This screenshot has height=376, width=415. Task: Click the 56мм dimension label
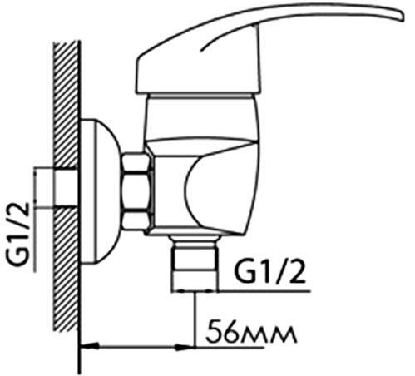[x=251, y=331]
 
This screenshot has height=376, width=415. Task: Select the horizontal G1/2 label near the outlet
[x=269, y=272]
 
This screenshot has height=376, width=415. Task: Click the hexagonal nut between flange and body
[x=137, y=191]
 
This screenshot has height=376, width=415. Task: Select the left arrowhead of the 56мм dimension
[x=89, y=346]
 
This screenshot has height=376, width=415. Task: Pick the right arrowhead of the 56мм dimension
[x=186, y=347]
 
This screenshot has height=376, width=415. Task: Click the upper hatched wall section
[x=66, y=105]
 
